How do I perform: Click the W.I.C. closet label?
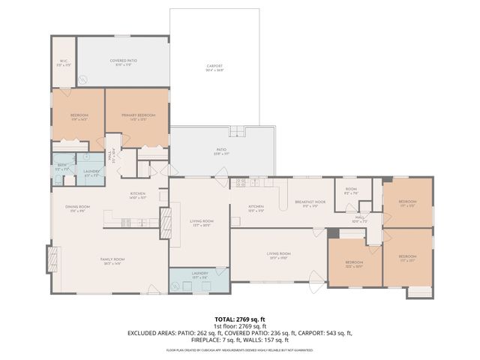tap(64, 62)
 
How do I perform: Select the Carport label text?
tap(215, 67)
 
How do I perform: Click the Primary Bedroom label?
tap(136, 116)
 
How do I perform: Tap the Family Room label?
tap(112, 261)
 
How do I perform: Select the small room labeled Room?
tap(351, 190)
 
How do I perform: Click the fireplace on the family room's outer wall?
tap(52, 260)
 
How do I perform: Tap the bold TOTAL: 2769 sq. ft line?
tap(240, 319)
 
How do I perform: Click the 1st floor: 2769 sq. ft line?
tap(240, 325)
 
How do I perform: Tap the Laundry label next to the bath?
tap(91, 172)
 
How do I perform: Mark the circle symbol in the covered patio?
tap(84, 79)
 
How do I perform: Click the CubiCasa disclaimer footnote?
tap(240, 349)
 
